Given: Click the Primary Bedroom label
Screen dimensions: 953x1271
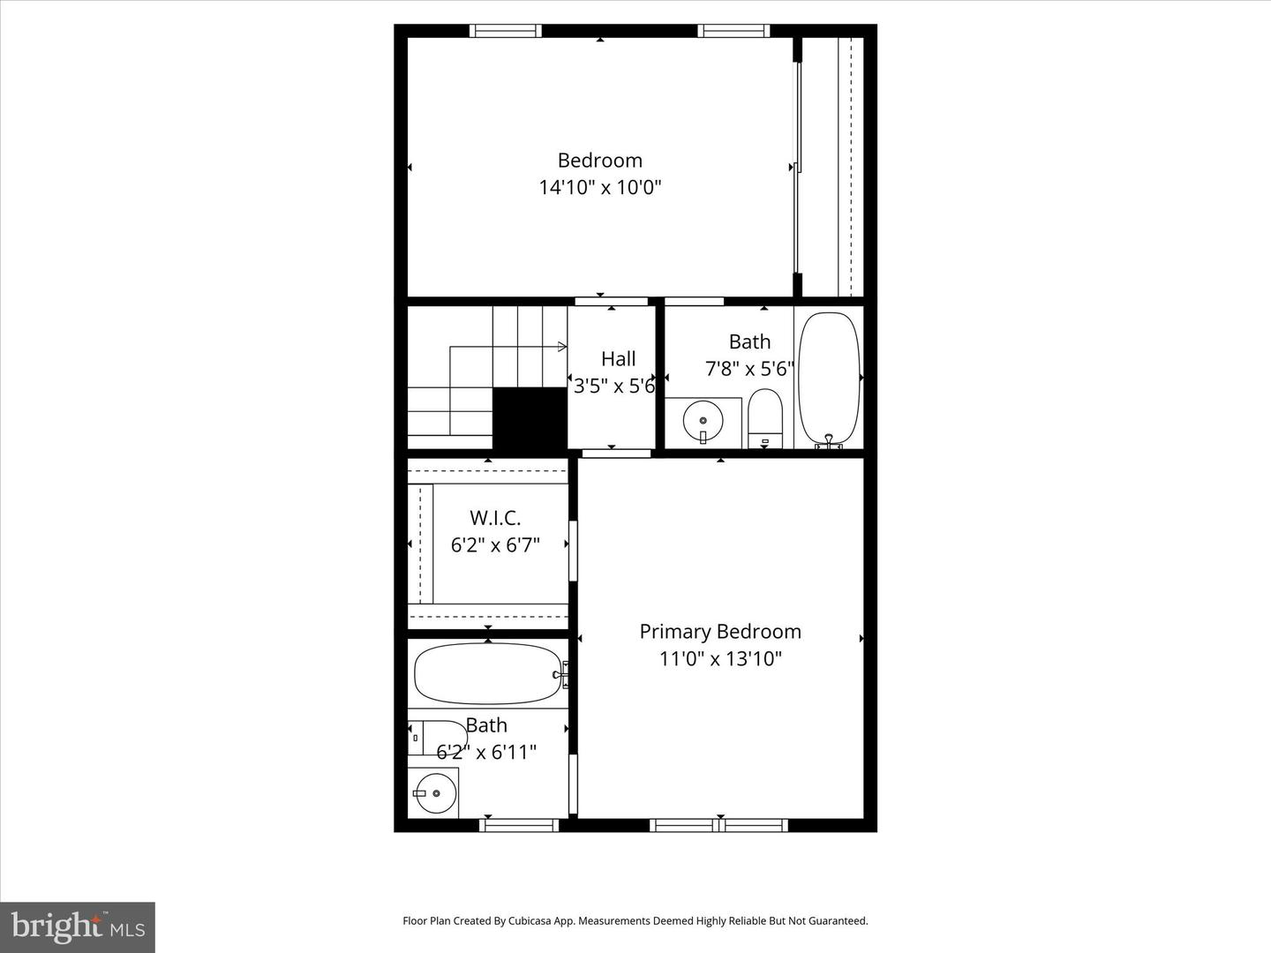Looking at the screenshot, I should (720, 632).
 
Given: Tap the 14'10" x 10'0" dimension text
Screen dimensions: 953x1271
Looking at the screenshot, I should (600, 187).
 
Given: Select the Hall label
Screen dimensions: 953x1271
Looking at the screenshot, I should (618, 359).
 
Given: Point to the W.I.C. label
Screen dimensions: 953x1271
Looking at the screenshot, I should (495, 518).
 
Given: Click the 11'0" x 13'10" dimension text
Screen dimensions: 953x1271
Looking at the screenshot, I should (720, 659).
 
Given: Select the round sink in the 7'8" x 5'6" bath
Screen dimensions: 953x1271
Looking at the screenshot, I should (703, 422).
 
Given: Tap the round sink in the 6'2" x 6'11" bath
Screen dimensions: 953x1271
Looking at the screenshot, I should (432, 792).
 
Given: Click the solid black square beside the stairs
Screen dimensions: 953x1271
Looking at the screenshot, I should (529, 418).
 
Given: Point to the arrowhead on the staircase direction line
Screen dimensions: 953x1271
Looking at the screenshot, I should (562, 348).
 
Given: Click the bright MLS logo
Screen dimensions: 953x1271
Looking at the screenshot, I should (78, 927).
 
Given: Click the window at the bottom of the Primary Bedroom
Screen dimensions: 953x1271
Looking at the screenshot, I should (719, 826).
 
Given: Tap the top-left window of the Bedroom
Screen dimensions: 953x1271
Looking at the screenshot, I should (505, 31).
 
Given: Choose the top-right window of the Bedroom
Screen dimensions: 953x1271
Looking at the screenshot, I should (733, 31).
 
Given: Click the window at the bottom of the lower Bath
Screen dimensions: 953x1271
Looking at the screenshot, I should (519, 826).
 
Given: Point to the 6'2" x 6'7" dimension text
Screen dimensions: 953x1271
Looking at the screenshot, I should (495, 545).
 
